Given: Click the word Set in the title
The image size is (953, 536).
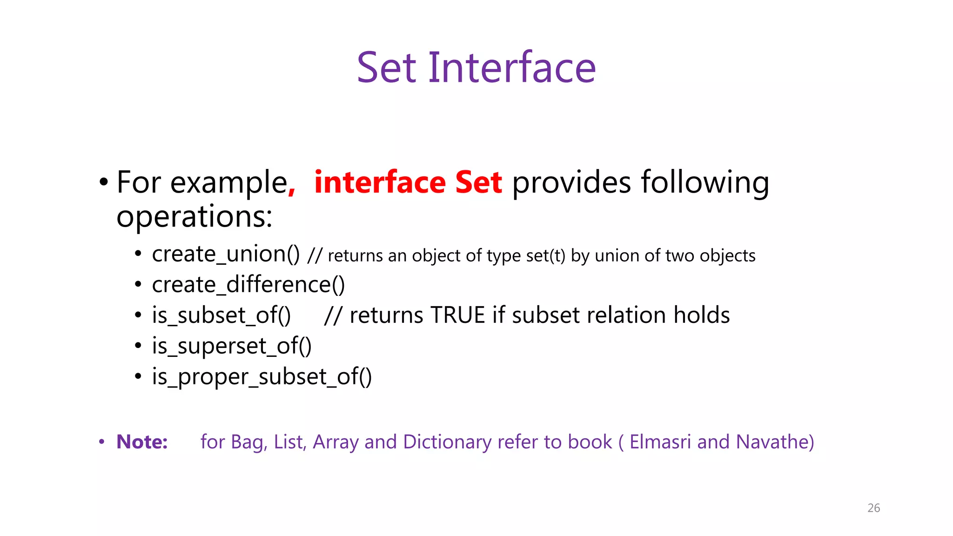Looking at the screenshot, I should click(386, 68).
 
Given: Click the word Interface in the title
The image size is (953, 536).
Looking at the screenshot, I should click(512, 68).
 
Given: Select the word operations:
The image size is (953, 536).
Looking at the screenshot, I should click(194, 217).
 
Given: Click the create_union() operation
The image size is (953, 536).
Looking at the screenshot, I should click(226, 254).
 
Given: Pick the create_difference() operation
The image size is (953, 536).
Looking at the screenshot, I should click(248, 285).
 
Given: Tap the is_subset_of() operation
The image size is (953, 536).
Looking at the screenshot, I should click(221, 315).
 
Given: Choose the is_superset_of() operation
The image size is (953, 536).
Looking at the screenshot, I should click(232, 346).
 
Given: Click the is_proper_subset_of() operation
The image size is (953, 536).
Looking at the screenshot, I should click(262, 377).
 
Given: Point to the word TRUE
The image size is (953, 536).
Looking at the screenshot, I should click(457, 315).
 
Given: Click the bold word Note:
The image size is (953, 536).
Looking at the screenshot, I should click(142, 442).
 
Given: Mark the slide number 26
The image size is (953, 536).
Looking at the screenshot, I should click(873, 508).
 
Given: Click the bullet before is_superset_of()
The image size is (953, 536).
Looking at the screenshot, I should click(138, 346).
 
